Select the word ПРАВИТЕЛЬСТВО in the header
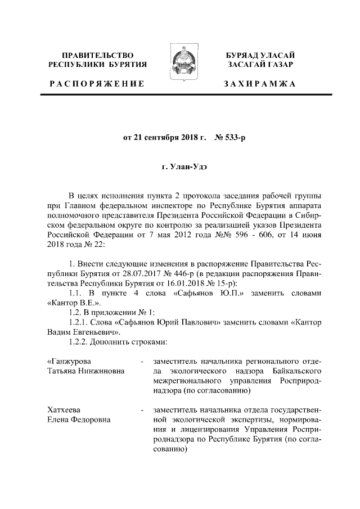(x=97, y=55)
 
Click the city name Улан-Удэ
(x=187, y=167)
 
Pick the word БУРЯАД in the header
(x=243, y=55)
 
